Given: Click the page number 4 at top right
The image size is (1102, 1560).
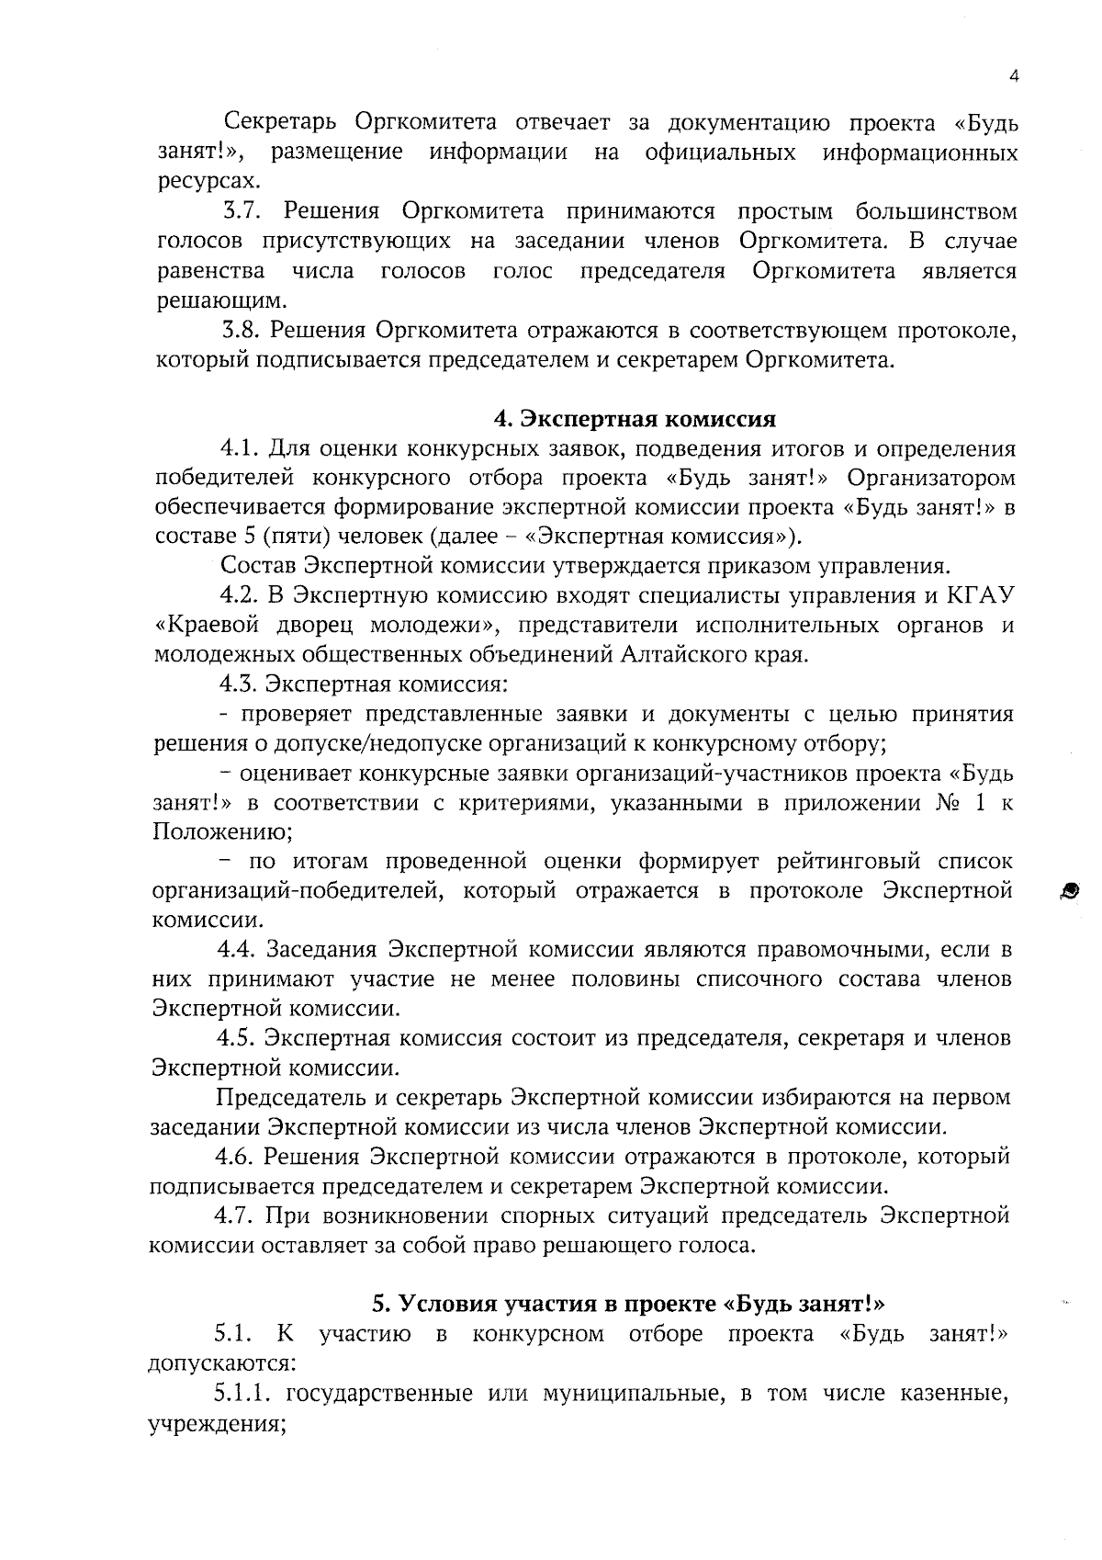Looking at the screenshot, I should tap(1014, 77).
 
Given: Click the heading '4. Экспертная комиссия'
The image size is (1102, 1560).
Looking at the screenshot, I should tap(635, 419).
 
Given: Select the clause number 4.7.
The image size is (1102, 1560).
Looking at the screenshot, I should tap(235, 1215).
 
